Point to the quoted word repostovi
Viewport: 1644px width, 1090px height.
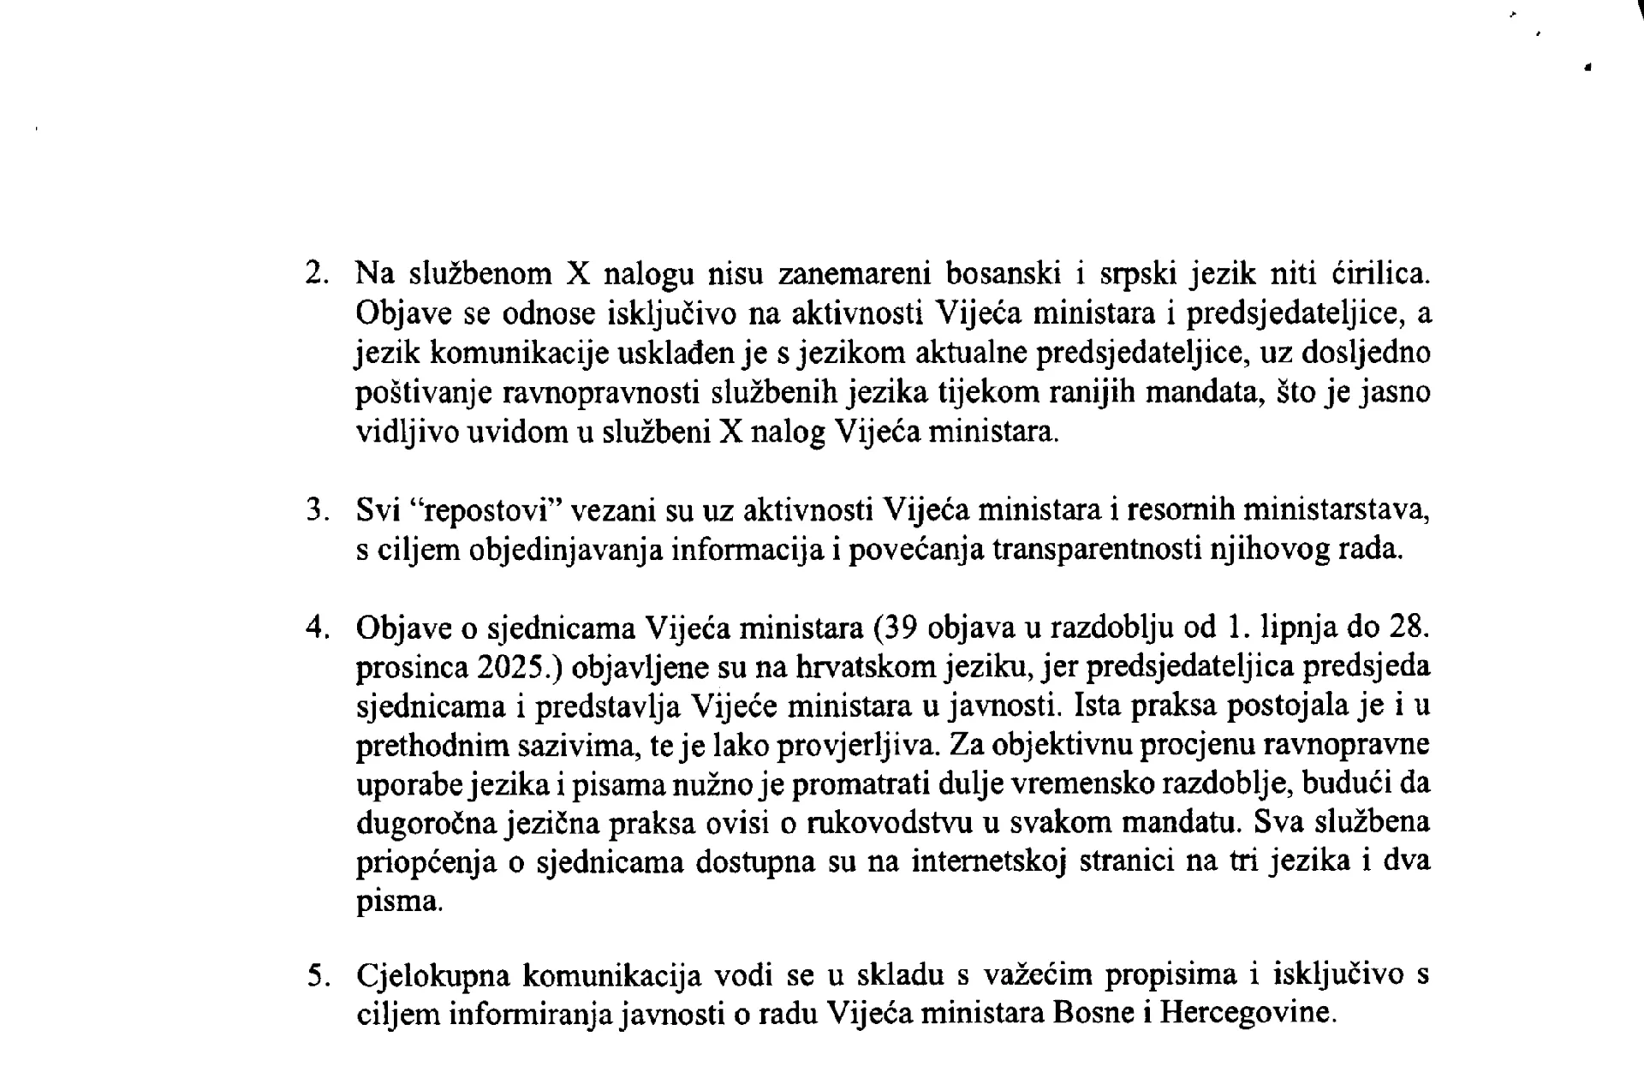485,510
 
